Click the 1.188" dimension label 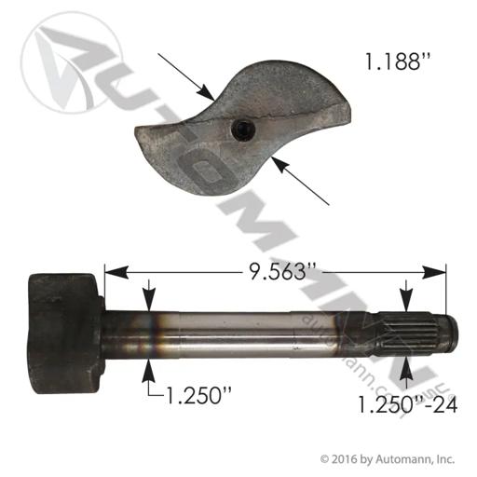[394, 61]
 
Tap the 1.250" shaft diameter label [199, 395]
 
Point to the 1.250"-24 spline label [408, 404]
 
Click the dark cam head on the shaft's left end [66, 334]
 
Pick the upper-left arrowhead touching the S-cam [206, 92]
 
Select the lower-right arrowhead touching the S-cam [279, 165]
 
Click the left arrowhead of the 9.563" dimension [116, 272]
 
